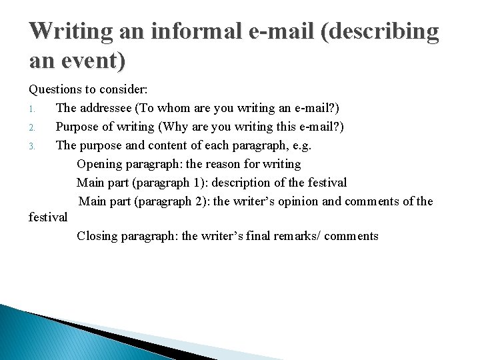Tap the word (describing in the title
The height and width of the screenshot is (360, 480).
(x=379, y=31)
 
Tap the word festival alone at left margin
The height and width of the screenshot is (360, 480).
(x=48, y=217)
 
